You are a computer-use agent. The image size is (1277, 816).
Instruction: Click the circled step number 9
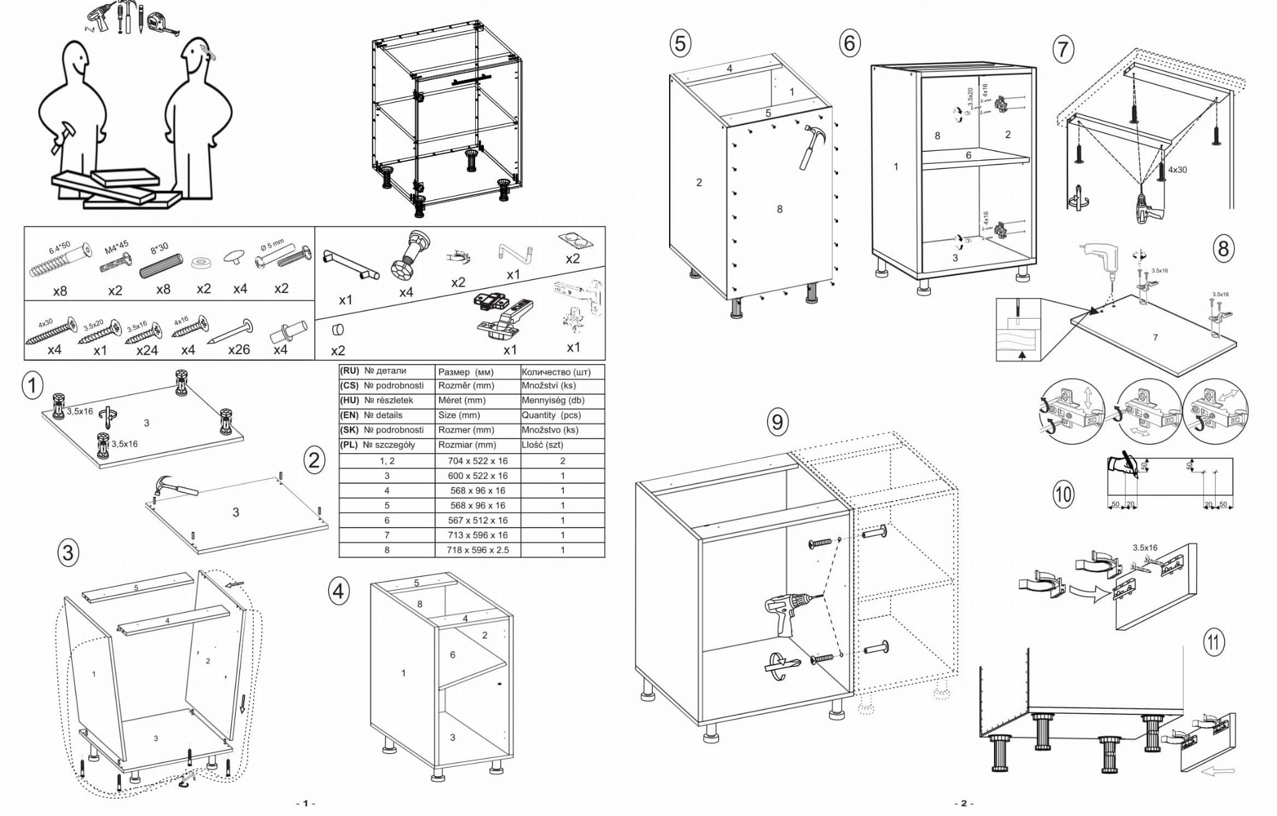(777, 422)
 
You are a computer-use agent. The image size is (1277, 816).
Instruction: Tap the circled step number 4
(338, 590)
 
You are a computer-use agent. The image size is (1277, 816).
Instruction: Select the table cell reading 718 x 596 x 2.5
(478, 550)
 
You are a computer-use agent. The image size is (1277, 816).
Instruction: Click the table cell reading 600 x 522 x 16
(478, 476)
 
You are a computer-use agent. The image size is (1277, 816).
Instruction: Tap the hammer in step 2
(174, 487)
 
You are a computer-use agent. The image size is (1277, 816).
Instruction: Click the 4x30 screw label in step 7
(1177, 170)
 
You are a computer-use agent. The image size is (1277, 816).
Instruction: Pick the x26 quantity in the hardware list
(239, 349)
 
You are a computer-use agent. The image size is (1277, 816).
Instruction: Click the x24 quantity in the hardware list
(147, 350)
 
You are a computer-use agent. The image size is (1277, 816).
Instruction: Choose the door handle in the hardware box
(350, 264)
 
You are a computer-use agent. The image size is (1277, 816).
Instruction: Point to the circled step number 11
(1213, 642)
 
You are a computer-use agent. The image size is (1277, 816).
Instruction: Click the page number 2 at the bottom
(963, 803)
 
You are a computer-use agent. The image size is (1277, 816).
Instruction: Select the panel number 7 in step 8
(1155, 337)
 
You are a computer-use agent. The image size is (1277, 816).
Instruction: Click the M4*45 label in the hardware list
(116, 247)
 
